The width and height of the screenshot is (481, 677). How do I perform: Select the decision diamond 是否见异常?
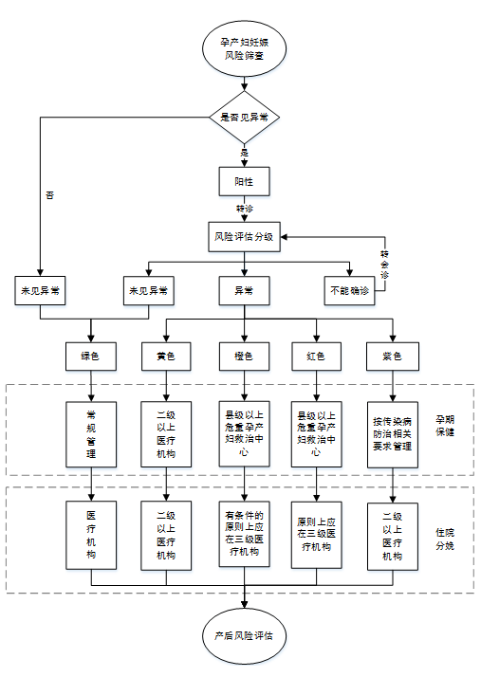pyautogui.click(x=244, y=118)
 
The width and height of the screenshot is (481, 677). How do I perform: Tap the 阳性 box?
pyautogui.click(x=244, y=179)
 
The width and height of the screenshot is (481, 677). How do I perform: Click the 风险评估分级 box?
pyautogui.click(x=244, y=236)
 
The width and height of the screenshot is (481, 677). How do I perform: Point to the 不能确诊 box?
pyautogui.click(x=347, y=290)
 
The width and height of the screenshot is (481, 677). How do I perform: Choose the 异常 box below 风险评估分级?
pyautogui.click(x=244, y=290)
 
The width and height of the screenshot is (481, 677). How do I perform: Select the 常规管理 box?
pyautogui.click(x=90, y=434)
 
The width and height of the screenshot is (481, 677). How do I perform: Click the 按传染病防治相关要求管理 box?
pyautogui.click(x=393, y=434)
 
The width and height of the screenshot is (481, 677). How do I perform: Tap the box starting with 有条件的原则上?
pyautogui.click(x=244, y=536)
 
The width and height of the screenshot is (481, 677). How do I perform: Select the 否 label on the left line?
pyautogui.click(x=49, y=194)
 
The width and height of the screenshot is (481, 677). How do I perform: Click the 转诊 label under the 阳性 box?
pyautogui.click(x=244, y=208)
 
